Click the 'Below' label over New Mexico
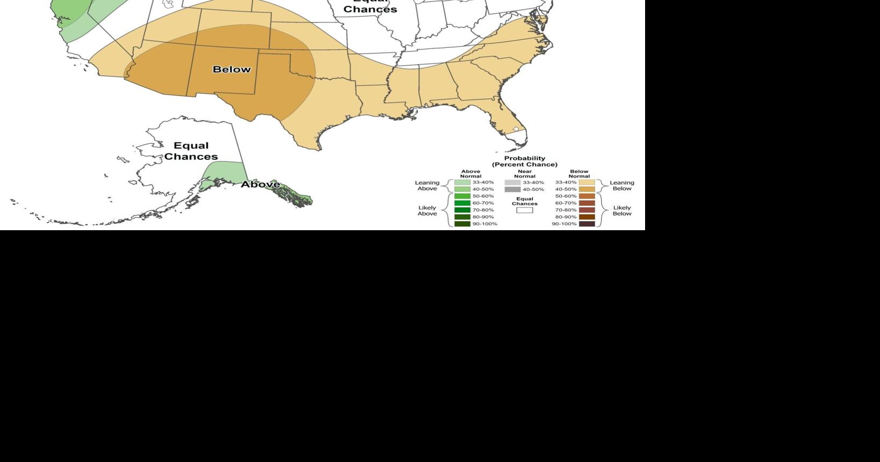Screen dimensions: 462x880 pyautogui.click(x=232, y=69)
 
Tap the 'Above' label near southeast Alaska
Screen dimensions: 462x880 pyautogui.click(x=260, y=184)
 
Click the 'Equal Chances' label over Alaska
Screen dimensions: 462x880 pyautogui.click(x=191, y=151)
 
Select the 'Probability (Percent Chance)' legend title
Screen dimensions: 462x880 pyautogui.click(x=525, y=161)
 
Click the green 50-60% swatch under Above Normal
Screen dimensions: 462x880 pyautogui.click(x=462, y=196)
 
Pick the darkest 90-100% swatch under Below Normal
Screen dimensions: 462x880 pyautogui.click(x=587, y=224)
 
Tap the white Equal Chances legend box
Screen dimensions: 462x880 pyautogui.click(x=525, y=210)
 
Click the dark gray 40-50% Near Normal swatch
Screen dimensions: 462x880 pyautogui.click(x=512, y=189)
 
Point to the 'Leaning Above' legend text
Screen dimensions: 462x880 pyautogui.click(x=427, y=186)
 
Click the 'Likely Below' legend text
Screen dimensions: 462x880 pyautogui.click(x=622, y=210)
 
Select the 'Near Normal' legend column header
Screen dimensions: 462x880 pyautogui.click(x=525, y=174)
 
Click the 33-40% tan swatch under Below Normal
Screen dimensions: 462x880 pyautogui.click(x=587, y=182)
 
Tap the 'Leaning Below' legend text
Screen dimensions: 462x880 pyautogui.click(x=622, y=186)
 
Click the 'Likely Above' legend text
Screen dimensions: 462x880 pyautogui.click(x=427, y=210)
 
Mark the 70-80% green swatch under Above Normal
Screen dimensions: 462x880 pyautogui.click(x=462, y=210)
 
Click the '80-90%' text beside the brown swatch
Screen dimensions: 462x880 pyautogui.click(x=566, y=217)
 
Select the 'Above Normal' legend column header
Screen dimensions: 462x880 pyautogui.click(x=470, y=174)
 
